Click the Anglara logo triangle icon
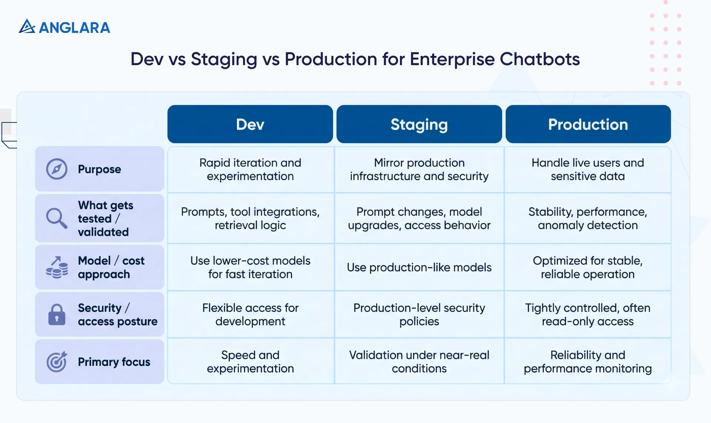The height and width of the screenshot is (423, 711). [27, 27]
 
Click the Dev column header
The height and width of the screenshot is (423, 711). [250, 124]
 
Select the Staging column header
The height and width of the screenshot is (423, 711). [419, 124]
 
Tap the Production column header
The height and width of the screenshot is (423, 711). [588, 124]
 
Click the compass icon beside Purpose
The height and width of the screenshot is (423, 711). [57, 169]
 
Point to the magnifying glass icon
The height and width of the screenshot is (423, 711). [57, 218]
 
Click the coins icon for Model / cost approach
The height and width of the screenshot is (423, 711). [57, 268]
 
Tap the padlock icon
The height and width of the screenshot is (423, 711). [57, 315]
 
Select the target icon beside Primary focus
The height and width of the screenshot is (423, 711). [57, 362]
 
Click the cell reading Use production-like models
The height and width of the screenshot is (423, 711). [419, 267]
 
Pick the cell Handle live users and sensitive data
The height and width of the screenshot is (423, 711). [588, 169]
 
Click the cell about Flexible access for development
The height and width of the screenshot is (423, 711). [250, 315]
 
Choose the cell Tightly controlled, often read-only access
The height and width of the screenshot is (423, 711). [588, 315]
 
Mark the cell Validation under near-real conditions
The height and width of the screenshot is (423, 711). [419, 362]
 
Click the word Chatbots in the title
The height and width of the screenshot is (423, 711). [540, 59]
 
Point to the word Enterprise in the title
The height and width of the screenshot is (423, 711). [452, 59]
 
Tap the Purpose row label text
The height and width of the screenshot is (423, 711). [99, 169]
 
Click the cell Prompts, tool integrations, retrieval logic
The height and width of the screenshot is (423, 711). [250, 218]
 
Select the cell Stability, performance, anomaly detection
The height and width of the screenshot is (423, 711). [588, 218]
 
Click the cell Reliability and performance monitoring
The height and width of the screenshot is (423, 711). [588, 362]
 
